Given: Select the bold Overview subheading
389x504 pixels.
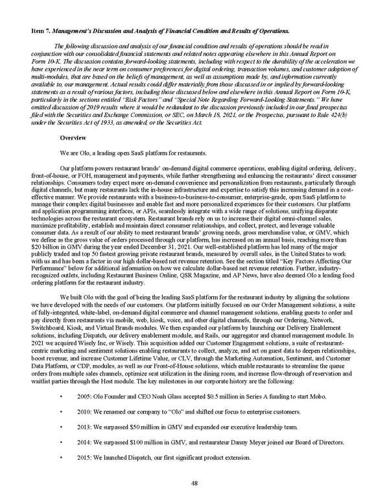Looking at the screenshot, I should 73,138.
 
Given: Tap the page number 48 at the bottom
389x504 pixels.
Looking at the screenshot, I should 194,483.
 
